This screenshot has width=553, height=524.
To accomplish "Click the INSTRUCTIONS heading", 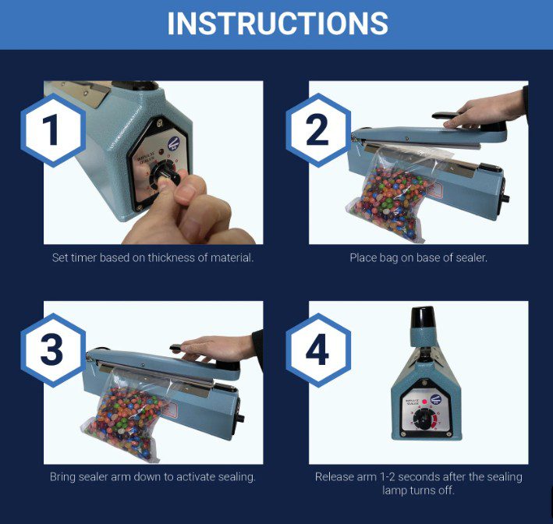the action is (x=278, y=23).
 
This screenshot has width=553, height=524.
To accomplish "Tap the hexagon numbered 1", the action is (x=53, y=129).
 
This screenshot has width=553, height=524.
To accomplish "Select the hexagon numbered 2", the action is (x=318, y=129).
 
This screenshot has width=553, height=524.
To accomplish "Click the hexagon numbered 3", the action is (x=53, y=350).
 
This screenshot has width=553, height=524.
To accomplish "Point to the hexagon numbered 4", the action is (x=318, y=350).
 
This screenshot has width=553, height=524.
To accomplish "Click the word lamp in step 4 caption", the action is (x=395, y=490).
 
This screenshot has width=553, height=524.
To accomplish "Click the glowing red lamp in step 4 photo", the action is (x=424, y=402).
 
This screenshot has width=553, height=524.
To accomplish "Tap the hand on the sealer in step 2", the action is (x=486, y=110).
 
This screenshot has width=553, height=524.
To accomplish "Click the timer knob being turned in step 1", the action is (x=165, y=174).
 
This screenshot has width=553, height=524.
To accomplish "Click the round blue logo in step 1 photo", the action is (x=173, y=143).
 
